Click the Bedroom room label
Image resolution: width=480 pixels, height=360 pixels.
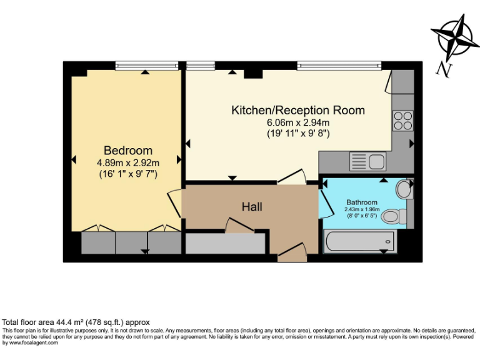[x=128, y=151]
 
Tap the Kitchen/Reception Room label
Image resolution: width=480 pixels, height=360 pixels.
[x=298, y=111]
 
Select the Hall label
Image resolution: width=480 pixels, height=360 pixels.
[x=252, y=206]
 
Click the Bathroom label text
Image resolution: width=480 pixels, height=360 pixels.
[x=362, y=202]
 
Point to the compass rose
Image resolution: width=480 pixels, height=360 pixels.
[x=455, y=37]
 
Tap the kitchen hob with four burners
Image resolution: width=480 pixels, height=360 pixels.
[x=402, y=120]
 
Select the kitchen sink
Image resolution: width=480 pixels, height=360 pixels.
[x=368, y=162]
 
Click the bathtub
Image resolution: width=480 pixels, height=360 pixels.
[x=359, y=241]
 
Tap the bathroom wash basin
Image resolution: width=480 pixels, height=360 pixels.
[x=405, y=188]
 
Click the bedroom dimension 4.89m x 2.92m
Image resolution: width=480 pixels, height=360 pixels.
[x=128, y=163]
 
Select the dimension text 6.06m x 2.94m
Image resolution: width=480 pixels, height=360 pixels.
[x=298, y=122]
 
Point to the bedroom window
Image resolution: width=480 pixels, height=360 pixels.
[x=146, y=65]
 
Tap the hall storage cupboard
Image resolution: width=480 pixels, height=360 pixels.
[x=226, y=243]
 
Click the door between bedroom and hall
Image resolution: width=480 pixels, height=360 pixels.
[x=174, y=204]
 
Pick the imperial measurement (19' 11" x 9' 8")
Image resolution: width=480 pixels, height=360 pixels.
[x=298, y=133]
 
